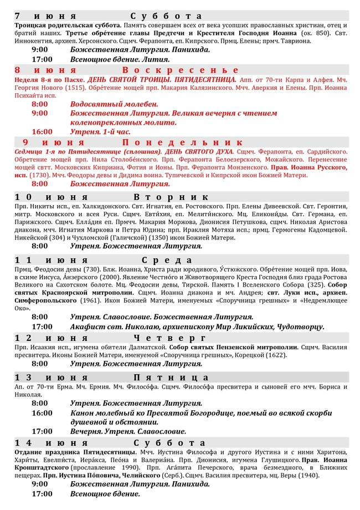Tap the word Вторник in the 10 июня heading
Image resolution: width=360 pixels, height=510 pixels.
coord(171,197)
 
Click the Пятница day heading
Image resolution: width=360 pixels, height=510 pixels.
coord(170,378)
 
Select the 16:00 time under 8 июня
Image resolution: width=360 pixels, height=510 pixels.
coord(42,132)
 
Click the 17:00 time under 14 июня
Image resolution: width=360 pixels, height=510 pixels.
coord(42,494)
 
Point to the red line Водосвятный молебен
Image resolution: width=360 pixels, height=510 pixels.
coord(114,104)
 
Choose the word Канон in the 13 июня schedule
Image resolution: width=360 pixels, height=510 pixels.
coord(83,413)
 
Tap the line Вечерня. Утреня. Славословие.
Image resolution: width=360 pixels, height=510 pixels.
coord(128,431)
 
